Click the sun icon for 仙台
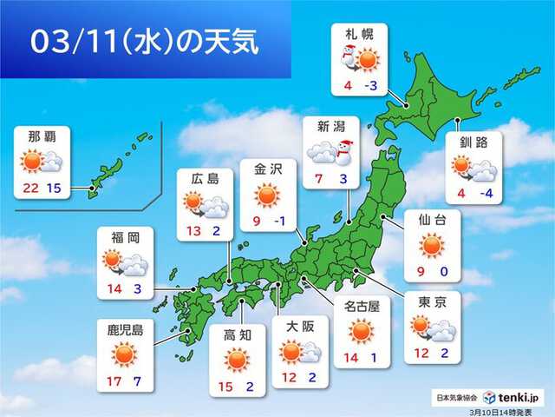coord(432,247)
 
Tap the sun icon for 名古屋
coord(360,331)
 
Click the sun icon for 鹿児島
coord(123,354)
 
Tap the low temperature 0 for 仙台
coord(444,272)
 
